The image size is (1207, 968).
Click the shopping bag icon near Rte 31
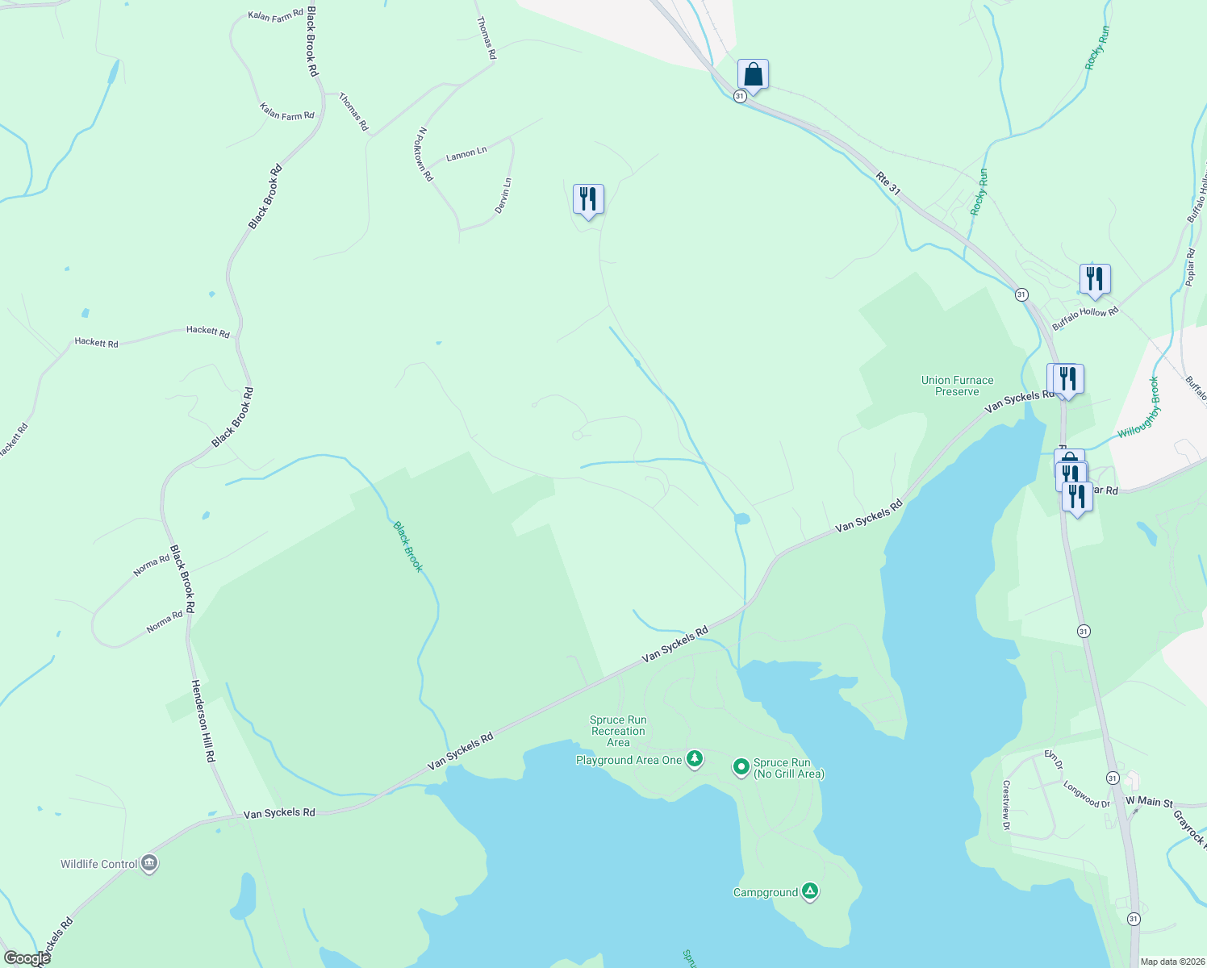[752, 75]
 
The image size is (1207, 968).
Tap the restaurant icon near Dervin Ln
[588, 198]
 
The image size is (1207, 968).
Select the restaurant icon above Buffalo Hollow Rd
[1095, 279]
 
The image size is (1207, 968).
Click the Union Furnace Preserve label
[957, 386]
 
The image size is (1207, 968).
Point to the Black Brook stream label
[408, 546]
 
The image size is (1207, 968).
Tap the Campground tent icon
[810, 891]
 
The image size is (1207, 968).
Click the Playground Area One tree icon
[694, 759]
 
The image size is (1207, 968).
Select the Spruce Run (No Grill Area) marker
[741, 767]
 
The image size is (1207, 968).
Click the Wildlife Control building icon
[149, 864]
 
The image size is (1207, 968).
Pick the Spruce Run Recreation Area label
[618, 731]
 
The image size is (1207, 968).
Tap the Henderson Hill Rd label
[203, 720]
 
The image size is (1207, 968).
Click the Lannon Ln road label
[466, 153]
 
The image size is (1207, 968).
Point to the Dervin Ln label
[504, 195]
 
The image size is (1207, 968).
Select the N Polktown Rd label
[425, 153]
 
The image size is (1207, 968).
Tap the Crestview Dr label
[1006, 804]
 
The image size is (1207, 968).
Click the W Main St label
[1149, 802]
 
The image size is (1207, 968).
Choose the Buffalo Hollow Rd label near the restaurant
[1085, 318]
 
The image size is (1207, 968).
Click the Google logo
[27, 958]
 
